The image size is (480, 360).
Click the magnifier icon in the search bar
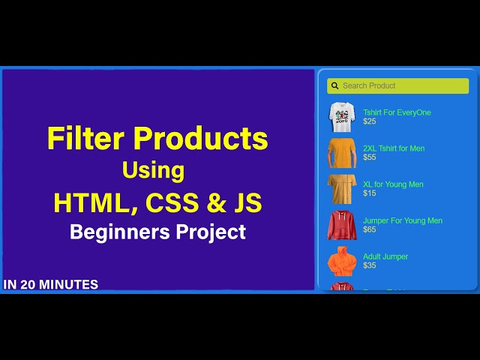pyautogui.click(x=335, y=85)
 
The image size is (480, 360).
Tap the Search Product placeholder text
pyautogui.click(x=369, y=85)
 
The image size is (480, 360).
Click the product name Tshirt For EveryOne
pyautogui.click(x=397, y=112)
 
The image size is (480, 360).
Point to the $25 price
pyautogui.click(x=370, y=121)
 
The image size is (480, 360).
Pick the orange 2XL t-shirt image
pyautogui.click(x=341, y=152)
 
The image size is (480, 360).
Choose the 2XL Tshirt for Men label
pyautogui.click(x=394, y=148)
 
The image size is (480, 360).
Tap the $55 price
pyautogui.click(x=370, y=157)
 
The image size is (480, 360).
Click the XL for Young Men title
pyautogui.click(x=393, y=184)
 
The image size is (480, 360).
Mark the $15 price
pyautogui.click(x=370, y=193)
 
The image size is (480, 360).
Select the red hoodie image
pyautogui.click(x=341, y=225)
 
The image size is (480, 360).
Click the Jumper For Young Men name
pyautogui.click(x=403, y=220)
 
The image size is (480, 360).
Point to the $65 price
pyautogui.click(x=370, y=229)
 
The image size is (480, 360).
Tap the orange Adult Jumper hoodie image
pyautogui.click(x=341, y=261)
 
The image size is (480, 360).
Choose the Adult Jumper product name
pyautogui.click(x=385, y=256)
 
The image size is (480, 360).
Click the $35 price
pyautogui.click(x=370, y=265)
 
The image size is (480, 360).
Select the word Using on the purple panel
pyautogui.click(x=153, y=170)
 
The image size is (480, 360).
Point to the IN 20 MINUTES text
pyautogui.click(x=51, y=284)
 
